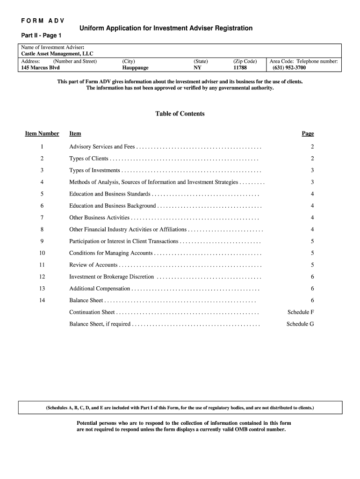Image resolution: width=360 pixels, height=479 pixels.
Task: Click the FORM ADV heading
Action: point(43,21)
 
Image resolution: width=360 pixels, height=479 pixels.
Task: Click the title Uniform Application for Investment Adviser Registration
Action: point(166,29)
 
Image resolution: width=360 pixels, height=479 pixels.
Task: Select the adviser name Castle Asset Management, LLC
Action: point(57,54)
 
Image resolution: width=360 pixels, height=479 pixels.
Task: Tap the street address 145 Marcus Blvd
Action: point(41,68)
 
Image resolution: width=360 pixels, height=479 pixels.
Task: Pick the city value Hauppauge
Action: point(135,68)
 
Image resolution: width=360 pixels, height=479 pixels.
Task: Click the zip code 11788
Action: point(240,68)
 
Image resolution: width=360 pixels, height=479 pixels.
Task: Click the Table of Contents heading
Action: point(180,114)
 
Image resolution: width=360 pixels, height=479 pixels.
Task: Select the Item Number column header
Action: point(42,134)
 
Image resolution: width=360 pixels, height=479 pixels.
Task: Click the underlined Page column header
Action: point(308,134)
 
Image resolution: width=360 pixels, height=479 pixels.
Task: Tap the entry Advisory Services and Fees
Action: point(102,147)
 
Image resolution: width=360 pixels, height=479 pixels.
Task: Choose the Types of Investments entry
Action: point(94,170)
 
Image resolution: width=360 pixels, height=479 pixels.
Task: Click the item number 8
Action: point(42,230)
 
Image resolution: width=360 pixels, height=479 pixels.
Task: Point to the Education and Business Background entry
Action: point(112,206)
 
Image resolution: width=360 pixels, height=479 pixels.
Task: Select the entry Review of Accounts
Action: point(93,265)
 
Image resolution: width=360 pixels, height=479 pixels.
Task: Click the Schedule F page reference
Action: point(301,312)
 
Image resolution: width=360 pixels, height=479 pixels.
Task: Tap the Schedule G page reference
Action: point(300,324)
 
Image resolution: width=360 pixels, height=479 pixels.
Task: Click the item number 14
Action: point(42,301)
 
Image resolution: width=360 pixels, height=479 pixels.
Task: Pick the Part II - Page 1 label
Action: point(41,36)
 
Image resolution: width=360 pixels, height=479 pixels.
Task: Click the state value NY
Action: point(197,68)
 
